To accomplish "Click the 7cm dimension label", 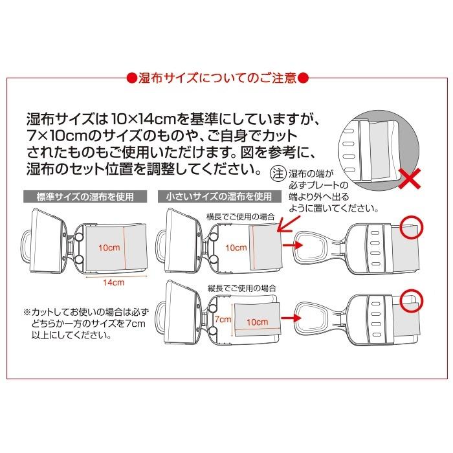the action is coord(223,318).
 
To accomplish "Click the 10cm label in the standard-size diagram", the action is coord(107,248).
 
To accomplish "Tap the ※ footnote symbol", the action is coord(27,311).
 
